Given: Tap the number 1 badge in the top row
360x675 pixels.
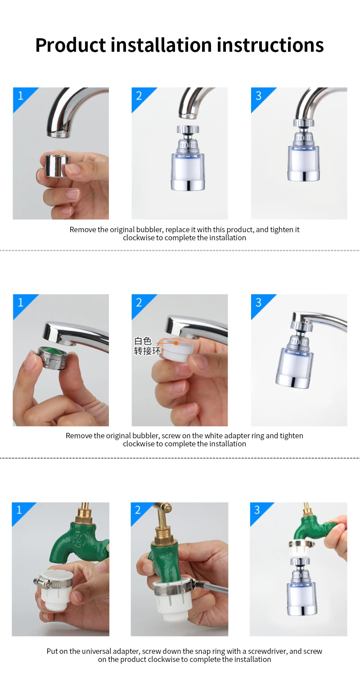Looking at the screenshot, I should [x=20, y=95].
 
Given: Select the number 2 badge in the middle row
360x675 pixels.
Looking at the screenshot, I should [x=139, y=302].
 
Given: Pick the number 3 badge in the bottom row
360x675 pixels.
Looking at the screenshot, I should [x=257, y=510].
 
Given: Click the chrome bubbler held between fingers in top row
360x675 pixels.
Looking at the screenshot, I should [x=57, y=166].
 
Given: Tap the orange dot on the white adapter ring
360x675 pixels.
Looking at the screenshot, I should [x=176, y=342].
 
